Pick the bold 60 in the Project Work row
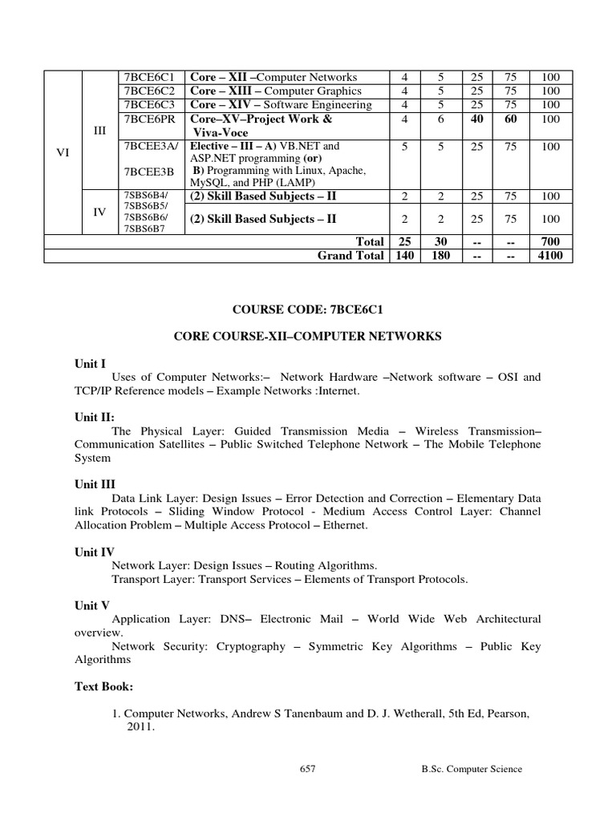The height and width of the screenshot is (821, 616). pyautogui.click(x=511, y=119)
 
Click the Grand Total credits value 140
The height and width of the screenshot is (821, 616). pyautogui.click(x=403, y=256)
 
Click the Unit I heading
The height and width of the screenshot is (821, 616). pyautogui.click(x=91, y=363)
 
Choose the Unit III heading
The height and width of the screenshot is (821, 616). pyautogui.click(x=95, y=484)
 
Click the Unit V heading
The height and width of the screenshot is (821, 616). pyautogui.click(x=93, y=605)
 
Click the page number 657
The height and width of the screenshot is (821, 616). pyautogui.click(x=307, y=769)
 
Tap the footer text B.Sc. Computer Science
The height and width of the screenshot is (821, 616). pyautogui.click(x=472, y=769)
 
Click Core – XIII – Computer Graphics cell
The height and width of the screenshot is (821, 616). pyautogui.click(x=276, y=91)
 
